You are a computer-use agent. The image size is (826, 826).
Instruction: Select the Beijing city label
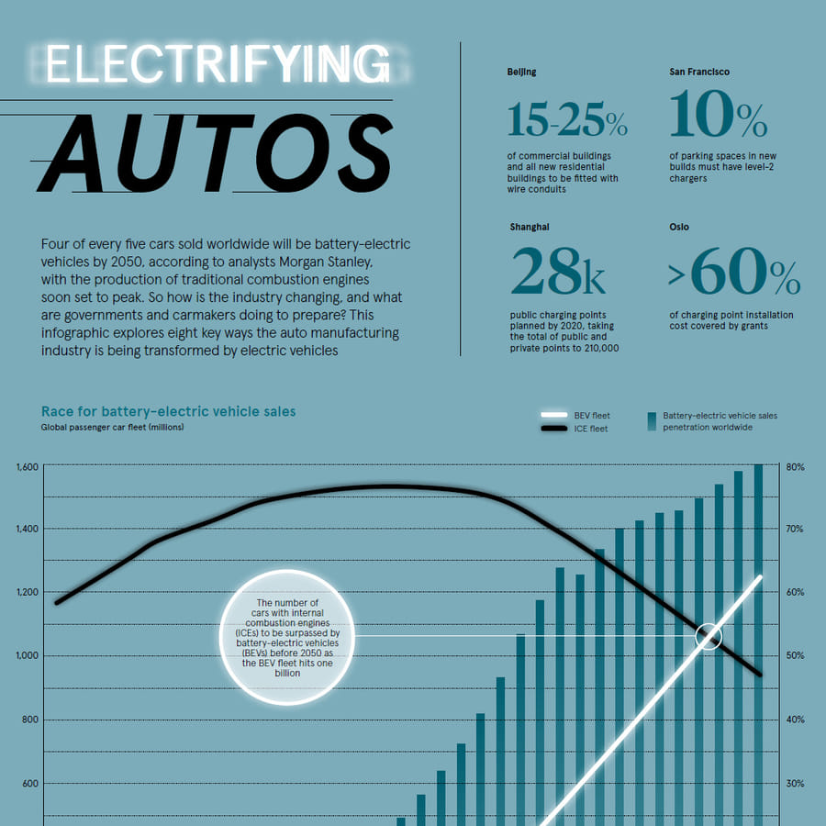coord(521,72)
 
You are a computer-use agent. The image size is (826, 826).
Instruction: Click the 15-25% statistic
coord(566,118)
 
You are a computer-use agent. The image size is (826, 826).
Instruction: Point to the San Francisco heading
coord(699,72)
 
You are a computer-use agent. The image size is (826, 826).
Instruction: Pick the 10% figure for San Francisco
coord(717,118)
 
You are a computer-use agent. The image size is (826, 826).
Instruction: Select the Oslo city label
coord(679,227)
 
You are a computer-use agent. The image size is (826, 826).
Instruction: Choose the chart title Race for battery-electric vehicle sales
coord(168,411)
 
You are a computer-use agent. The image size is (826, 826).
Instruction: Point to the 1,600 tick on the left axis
coord(28,467)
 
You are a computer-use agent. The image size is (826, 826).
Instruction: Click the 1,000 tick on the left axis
coord(28,655)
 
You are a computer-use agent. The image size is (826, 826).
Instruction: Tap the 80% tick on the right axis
coord(795,467)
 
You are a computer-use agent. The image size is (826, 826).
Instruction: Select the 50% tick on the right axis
coord(795,655)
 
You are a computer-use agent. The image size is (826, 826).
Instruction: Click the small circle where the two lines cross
coord(708,636)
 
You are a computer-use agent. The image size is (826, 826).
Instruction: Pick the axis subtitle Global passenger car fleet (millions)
coord(112,427)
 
